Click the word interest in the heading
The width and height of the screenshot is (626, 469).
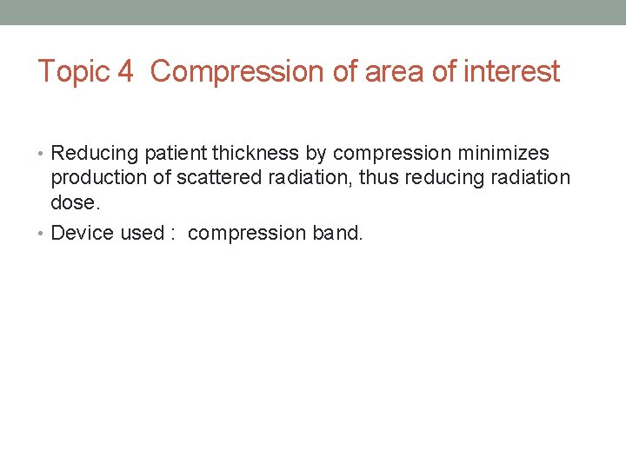[x=513, y=71]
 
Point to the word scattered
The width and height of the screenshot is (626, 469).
[x=210, y=178]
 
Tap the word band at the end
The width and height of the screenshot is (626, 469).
[x=336, y=233]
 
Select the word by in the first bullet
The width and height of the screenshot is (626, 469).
[x=316, y=154]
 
